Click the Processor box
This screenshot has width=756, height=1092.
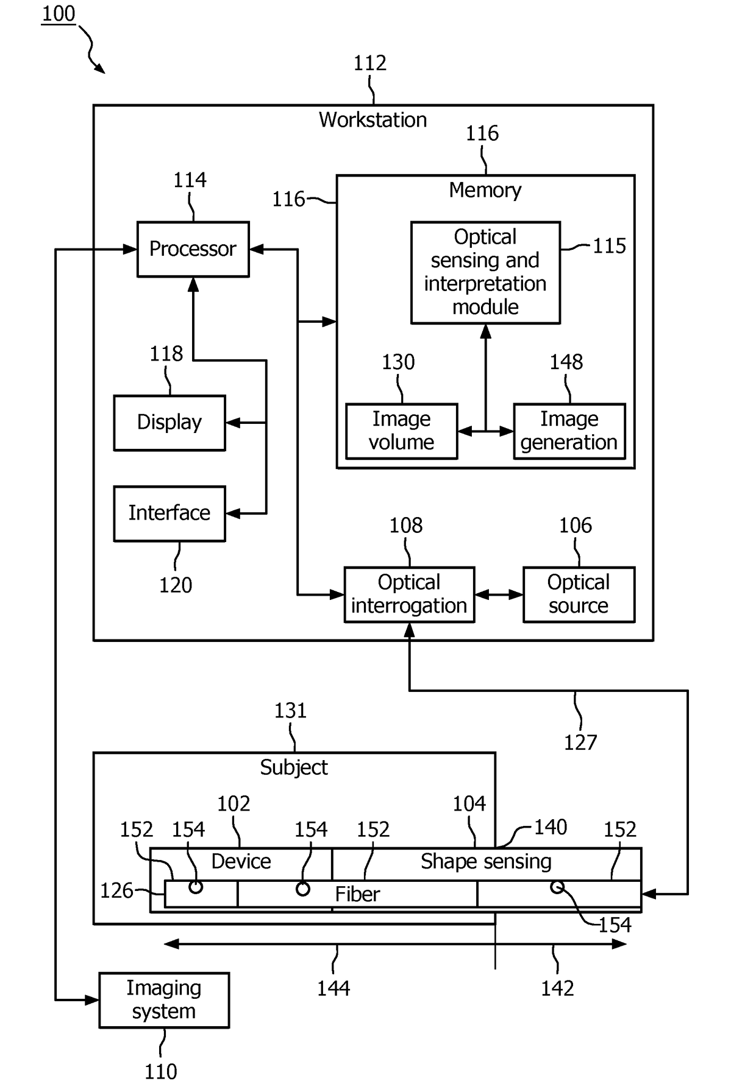193,249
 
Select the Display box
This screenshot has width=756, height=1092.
169,423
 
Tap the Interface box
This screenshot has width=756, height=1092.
169,513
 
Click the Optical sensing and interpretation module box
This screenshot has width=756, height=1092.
485,272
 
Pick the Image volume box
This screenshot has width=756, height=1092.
401,431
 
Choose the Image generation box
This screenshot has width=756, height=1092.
569,431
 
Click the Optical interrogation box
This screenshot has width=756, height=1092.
409,594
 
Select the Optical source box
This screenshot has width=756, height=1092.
579,594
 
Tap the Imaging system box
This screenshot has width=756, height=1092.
164,1000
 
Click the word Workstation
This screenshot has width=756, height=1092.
373,120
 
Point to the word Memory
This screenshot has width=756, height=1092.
485,191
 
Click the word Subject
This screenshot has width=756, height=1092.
294,767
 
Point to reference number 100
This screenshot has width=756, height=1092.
59,13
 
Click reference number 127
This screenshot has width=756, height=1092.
580,742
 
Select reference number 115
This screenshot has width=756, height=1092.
610,246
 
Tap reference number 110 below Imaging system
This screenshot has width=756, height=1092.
161,1071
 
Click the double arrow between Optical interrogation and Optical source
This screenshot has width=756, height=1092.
499,594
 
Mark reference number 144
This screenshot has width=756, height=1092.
333,988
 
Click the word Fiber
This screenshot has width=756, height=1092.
357,894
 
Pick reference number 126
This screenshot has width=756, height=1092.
116,890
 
